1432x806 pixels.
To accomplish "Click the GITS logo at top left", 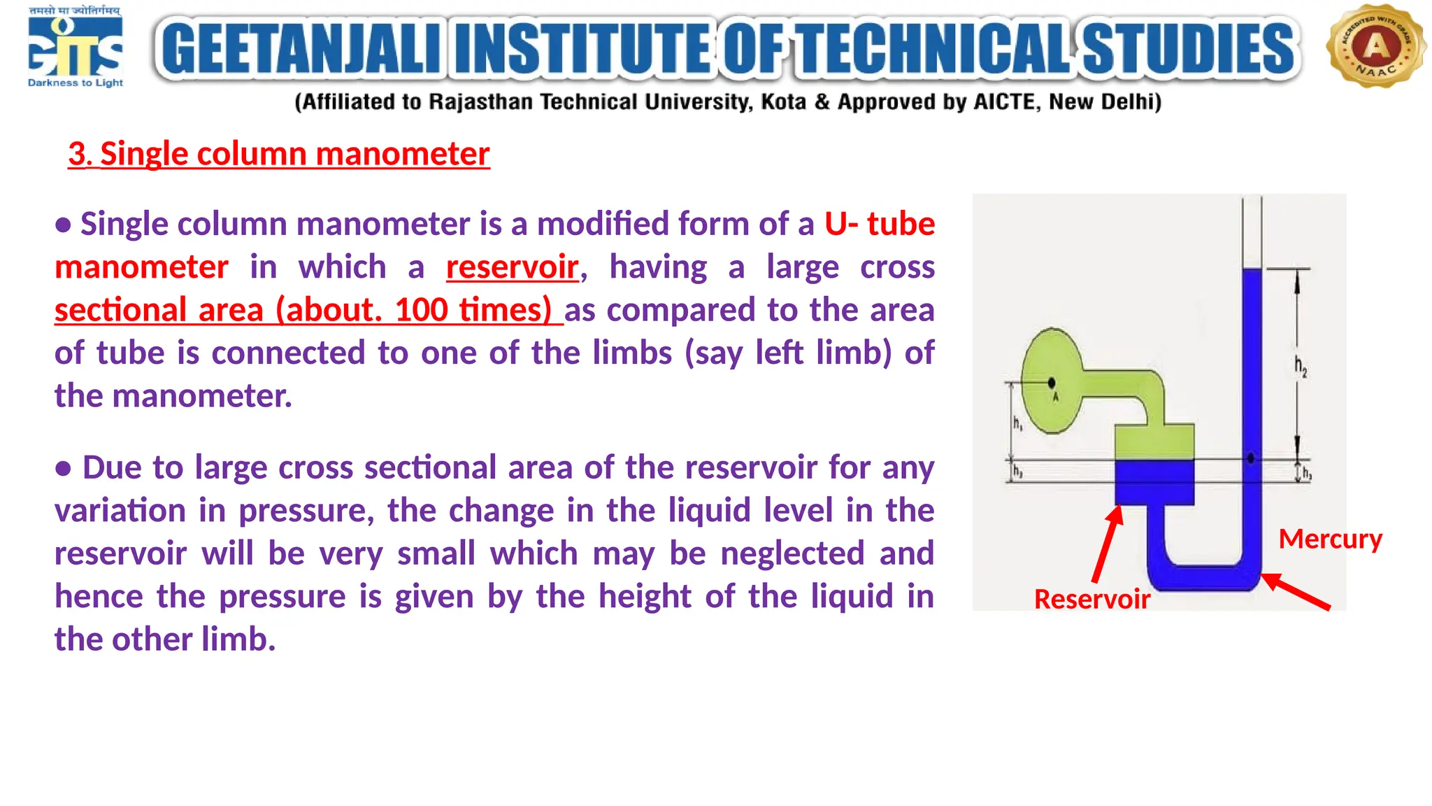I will [x=76, y=48].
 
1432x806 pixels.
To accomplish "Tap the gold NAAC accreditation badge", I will [x=1375, y=47].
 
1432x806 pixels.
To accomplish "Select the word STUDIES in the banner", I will [x=1189, y=48].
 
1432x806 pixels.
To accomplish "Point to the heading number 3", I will [x=79, y=154].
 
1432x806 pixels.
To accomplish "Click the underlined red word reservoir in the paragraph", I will [x=513, y=267].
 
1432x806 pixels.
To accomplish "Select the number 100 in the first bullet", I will [x=421, y=310].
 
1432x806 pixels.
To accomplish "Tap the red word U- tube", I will [x=879, y=224].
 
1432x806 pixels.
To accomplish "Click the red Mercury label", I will [x=1330, y=539].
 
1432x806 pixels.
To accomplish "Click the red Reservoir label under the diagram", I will [x=1091, y=599].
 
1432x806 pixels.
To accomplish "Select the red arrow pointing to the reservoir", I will [x=1108, y=543].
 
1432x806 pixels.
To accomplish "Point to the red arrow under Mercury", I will [x=1296, y=591].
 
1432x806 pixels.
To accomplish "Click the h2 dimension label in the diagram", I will [x=1300, y=366].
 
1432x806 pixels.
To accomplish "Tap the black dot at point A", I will [x=1052, y=383].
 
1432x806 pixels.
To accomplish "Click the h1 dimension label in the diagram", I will [x=1017, y=423].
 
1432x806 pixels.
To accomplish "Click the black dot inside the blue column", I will [x=1251, y=458].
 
